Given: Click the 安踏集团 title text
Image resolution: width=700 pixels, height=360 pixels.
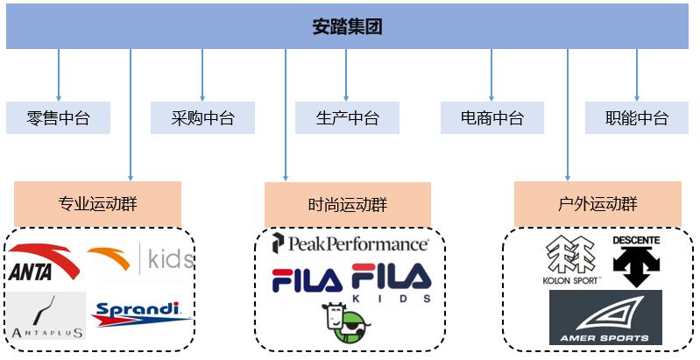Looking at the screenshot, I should (348, 26).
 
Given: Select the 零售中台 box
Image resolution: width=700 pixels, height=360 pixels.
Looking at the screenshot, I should (58, 118).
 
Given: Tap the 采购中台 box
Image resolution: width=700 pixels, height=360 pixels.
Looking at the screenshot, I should (202, 118).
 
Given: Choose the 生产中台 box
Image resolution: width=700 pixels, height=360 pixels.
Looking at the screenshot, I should (347, 118).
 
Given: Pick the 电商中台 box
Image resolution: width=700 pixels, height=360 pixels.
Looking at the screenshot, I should (492, 118).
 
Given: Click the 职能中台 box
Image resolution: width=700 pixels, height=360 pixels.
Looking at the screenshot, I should (637, 118).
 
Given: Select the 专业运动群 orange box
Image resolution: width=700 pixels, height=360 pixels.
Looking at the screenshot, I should (97, 204).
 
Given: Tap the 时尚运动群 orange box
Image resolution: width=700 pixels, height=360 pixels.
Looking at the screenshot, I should (347, 204).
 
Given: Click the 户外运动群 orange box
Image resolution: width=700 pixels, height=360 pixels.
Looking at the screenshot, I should (597, 204).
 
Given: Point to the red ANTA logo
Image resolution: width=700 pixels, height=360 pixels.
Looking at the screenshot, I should (43, 261).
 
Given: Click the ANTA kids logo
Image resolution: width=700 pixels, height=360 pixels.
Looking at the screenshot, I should (140, 259).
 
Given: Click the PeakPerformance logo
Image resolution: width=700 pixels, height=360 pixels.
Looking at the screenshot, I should (350, 244).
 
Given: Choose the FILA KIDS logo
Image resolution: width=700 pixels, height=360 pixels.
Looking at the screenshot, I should (392, 282).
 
